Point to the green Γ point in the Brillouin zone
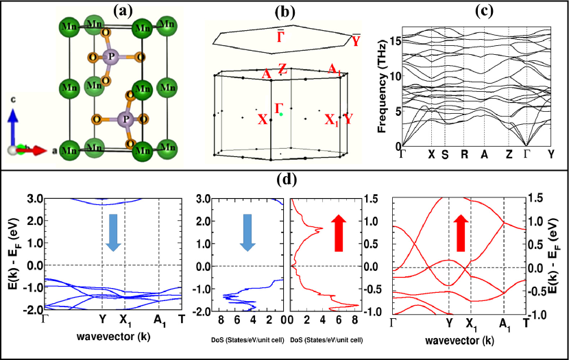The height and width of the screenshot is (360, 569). click(x=281, y=114)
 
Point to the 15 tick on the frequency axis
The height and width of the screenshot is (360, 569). click(x=391, y=40)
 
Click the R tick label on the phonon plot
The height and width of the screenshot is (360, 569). click(x=464, y=154)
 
